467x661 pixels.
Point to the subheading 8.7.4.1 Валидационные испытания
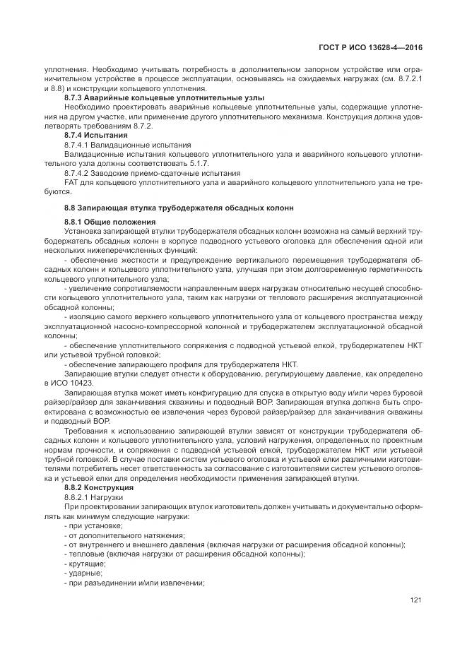(x=127, y=143)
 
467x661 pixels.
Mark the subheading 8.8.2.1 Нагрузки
(x=94, y=498)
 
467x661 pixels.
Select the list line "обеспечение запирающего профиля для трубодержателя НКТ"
(x=181, y=364)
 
